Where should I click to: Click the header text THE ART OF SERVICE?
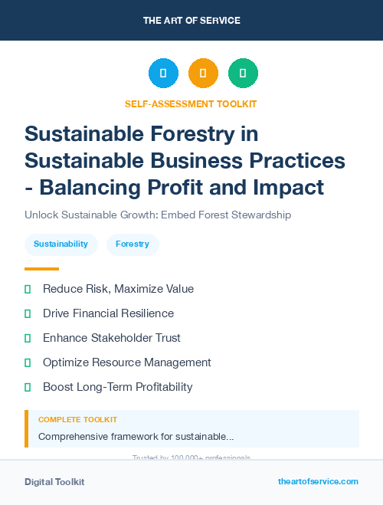pos(191,21)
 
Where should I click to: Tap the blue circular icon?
pos(163,74)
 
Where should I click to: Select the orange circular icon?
pos(203,74)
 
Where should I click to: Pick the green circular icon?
pos(243,74)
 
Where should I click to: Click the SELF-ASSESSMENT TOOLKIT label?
pos(191,103)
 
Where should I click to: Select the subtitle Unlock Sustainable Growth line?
pos(158,215)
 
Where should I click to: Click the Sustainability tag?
pos(61,244)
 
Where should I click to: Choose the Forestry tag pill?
pos(133,244)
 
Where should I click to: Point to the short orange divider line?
pos(41,269)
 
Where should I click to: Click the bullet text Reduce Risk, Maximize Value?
pos(118,289)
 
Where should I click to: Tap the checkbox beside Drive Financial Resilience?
pos(28,313)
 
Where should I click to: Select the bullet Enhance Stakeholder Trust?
pos(112,338)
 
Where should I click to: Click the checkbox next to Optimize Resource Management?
pos(28,362)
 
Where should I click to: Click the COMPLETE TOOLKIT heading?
pos(77,420)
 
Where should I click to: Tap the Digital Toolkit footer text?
pos(54,482)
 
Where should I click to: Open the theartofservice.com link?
pos(318,481)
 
